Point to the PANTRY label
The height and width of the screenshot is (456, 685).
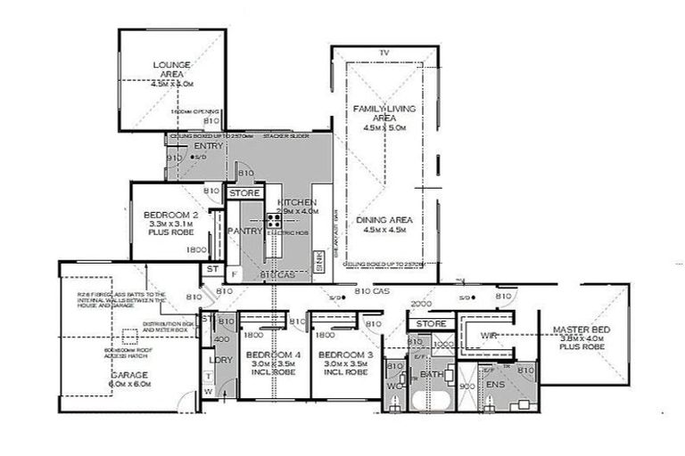(244, 232)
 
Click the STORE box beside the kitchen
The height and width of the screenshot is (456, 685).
(244, 192)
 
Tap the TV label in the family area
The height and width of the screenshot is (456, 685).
(384, 54)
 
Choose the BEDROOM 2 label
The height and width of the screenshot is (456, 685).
(169, 215)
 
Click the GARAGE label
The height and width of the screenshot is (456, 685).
(129, 376)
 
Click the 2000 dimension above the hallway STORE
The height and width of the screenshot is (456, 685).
(419, 305)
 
